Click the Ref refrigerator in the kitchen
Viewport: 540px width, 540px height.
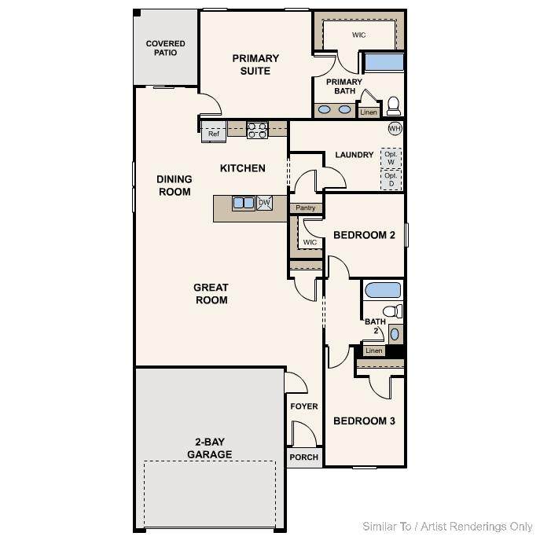tap(214, 131)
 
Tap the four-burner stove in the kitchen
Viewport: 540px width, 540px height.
tap(257, 130)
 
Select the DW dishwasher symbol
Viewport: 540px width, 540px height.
tap(264, 203)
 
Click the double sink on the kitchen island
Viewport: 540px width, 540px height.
tap(244, 203)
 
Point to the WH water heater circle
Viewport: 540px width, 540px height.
tap(395, 128)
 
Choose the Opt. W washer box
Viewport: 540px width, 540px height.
tap(391, 158)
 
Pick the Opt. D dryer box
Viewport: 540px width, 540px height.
tap(391, 179)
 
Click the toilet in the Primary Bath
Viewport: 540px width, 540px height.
tap(394, 106)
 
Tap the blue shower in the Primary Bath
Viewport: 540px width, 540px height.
tap(384, 62)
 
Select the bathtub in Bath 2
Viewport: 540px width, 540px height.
tap(383, 290)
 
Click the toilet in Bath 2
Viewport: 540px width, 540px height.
tap(392, 311)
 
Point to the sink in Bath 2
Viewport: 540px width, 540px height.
tap(395, 334)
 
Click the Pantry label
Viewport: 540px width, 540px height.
tap(306, 208)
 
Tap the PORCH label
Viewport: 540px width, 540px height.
tap(303, 457)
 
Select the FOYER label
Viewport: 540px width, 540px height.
tap(304, 406)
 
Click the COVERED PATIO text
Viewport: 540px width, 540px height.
tap(165, 48)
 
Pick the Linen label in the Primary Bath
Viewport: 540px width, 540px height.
tap(369, 112)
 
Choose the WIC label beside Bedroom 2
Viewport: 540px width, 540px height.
tap(310, 242)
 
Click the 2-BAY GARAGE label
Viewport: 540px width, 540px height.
tap(210, 448)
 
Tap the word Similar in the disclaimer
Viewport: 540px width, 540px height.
tap(380, 527)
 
